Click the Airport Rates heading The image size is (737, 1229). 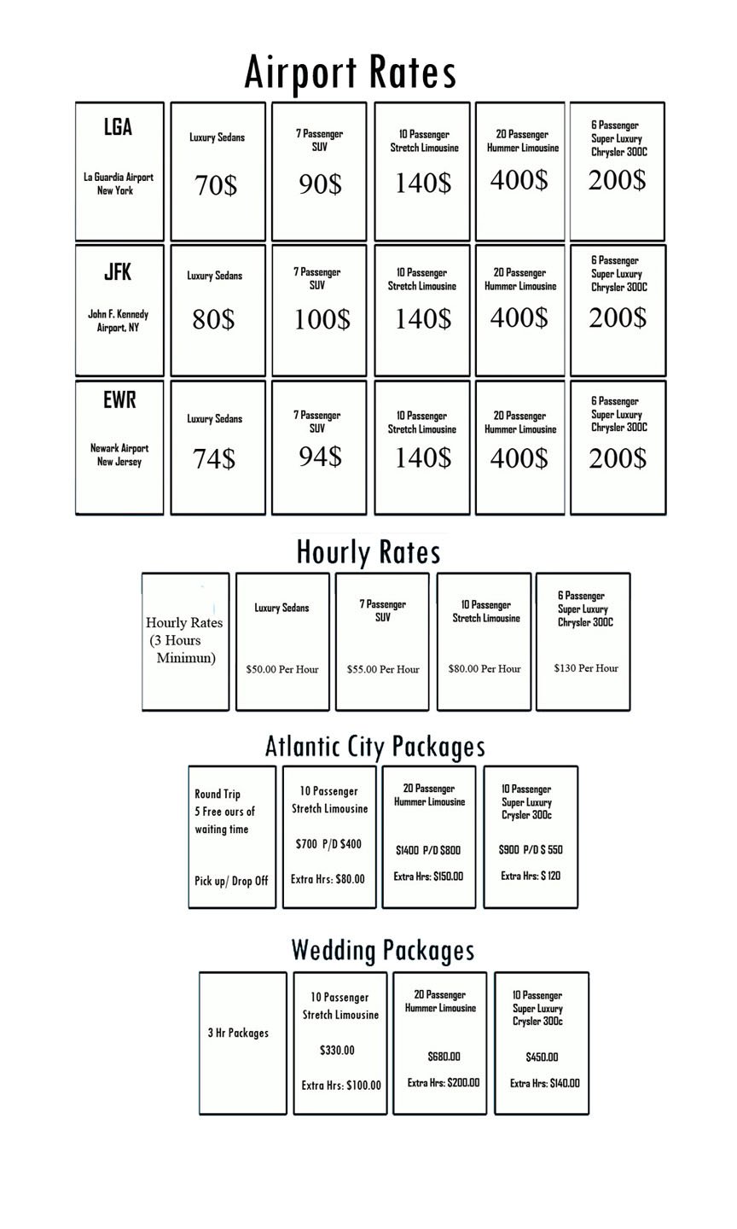(351, 73)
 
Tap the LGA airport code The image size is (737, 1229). (118, 127)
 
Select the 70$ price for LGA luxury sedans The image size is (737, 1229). (216, 184)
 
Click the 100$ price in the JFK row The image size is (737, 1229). (322, 320)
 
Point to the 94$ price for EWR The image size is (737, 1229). (320, 457)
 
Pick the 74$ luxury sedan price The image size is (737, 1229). (213, 458)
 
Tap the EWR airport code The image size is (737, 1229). (119, 399)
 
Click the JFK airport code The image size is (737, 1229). (118, 272)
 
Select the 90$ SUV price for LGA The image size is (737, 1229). (320, 183)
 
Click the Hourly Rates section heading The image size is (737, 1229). (368, 552)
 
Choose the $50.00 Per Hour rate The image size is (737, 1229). (282, 669)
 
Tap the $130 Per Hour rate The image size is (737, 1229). (586, 668)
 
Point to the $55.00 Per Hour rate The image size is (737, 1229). (383, 669)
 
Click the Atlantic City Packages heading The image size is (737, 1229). (375, 747)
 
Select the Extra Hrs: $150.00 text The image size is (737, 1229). (428, 877)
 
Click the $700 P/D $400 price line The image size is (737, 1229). (328, 844)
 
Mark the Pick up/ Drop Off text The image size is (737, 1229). (231, 881)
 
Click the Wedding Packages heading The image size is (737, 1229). (382, 950)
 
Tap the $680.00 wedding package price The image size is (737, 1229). (444, 1057)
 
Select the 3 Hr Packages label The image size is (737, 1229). (238, 1033)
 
